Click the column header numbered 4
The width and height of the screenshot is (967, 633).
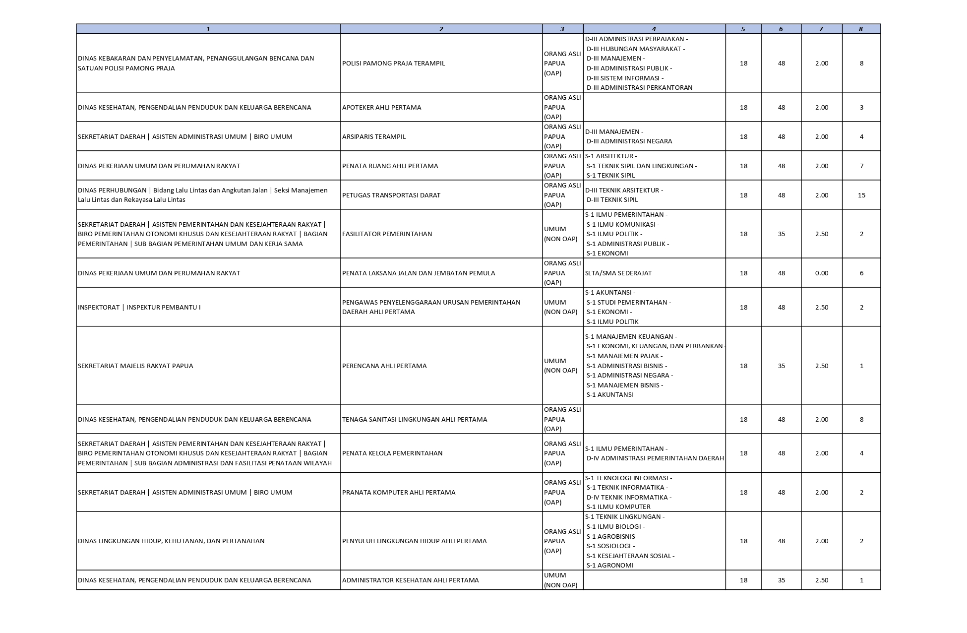[x=654, y=29]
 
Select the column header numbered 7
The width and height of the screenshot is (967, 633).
[x=821, y=29]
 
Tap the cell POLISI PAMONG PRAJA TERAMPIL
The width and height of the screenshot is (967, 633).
[x=393, y=63]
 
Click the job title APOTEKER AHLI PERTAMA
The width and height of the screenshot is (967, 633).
[x=381, y=108]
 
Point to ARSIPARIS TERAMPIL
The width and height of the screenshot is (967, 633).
[x=373, y=137]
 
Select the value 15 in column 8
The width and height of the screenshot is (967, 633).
[x=861, y=195]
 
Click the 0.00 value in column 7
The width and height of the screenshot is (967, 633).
[x=821, y=273]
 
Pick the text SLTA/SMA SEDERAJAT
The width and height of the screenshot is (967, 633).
[x=618, y=273]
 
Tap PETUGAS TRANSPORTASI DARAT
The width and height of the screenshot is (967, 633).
[x=391, y=195]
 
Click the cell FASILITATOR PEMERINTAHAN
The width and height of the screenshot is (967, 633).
[x=387, y=234]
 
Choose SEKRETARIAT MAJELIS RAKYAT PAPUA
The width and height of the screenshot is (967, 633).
[x=135, y=366]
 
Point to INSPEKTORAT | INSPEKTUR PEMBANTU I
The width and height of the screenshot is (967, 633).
[x=139, y=308]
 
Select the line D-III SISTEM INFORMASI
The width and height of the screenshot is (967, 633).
[x=624, y=78]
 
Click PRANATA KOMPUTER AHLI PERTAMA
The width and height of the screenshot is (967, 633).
[x=398, y=493]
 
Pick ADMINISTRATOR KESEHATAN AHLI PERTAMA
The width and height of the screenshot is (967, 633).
[x=410, y=580]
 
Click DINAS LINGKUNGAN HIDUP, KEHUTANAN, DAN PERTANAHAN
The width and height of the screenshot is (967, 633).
[x=171, y=541]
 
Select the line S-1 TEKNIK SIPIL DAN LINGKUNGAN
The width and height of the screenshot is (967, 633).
[x=641, y=166]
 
